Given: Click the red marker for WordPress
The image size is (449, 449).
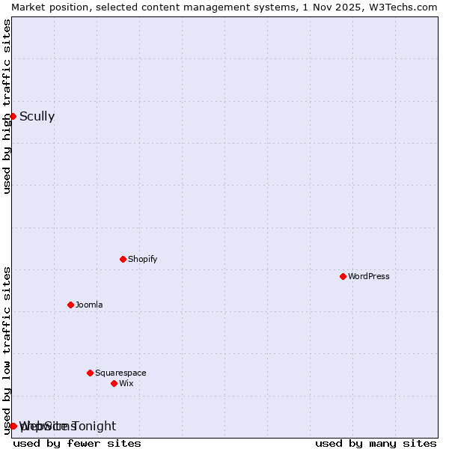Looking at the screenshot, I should [343, 276].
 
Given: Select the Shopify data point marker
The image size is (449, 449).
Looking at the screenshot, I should [123, 259].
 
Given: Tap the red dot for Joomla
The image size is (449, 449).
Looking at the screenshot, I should [70, 305].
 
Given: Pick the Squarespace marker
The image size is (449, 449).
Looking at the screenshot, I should [90, 373].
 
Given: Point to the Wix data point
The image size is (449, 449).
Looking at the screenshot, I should [114, 383].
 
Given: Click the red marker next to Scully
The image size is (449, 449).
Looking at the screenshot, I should [13, 116].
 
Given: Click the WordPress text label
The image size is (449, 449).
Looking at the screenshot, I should [369, 276].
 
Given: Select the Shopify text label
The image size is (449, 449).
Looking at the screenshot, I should [142, 259].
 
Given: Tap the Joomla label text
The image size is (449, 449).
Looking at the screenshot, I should [89, 305].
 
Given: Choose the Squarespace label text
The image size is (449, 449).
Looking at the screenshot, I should [120, 373].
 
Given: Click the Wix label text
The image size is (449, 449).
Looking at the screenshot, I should [126, 383].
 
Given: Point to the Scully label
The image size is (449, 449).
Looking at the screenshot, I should [37, 116].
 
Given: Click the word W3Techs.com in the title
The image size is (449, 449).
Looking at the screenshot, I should [407, 7].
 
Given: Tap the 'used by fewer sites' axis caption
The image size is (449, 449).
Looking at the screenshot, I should [77, 443].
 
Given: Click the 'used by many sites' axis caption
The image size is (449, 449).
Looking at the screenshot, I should [376, 443].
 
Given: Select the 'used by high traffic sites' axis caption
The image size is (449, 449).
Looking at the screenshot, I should [7, 106].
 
